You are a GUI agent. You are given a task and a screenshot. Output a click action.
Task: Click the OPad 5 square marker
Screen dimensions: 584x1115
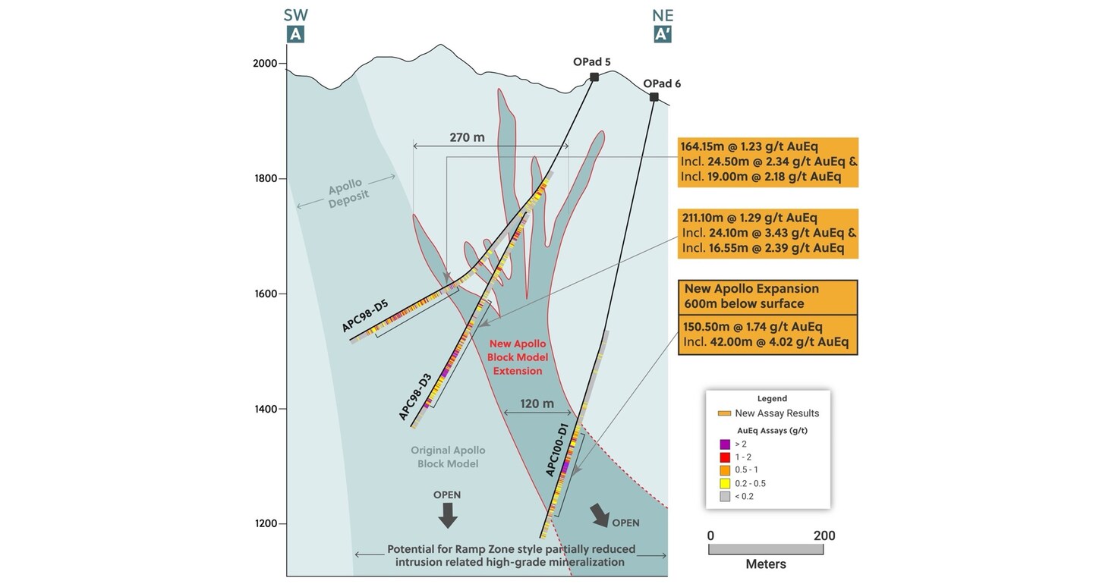pos(594,77)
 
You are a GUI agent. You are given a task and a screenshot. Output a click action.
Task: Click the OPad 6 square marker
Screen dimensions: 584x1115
pos(654,97)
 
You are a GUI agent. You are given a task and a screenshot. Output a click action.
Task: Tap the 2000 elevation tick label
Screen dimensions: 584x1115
pos(265,64)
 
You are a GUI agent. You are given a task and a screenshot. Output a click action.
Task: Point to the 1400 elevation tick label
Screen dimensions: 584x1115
pos(265,409)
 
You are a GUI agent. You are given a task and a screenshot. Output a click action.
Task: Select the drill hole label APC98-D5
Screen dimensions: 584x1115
pos(365,316)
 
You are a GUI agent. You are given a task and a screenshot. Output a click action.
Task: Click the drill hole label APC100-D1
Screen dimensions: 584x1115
pos(557,450)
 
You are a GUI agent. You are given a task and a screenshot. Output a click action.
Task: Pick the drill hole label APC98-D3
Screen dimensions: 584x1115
pos(415,396)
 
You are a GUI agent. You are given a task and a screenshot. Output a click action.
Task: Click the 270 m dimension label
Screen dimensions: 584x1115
pos(467,137)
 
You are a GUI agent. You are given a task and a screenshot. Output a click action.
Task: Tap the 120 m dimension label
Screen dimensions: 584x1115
pos(537,403)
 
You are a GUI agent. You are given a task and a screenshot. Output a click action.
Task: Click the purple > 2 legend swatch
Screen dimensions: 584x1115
pos(725,444)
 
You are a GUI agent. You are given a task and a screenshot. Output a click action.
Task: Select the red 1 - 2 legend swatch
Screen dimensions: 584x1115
pos(725,457)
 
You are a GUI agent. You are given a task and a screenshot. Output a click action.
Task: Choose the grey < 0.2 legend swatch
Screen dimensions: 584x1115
pos(725,496)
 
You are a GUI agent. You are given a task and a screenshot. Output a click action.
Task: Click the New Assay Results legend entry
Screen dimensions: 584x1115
pos(768,413)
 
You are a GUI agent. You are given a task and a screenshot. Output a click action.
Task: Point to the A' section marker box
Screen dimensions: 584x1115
pos(663,34)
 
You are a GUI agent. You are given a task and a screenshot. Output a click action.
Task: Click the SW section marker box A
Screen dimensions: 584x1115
pos(295,34)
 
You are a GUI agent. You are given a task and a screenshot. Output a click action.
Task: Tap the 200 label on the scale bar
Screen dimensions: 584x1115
pos(824,535)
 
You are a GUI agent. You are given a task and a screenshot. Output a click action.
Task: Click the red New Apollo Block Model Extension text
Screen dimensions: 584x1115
pos(518,357)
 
